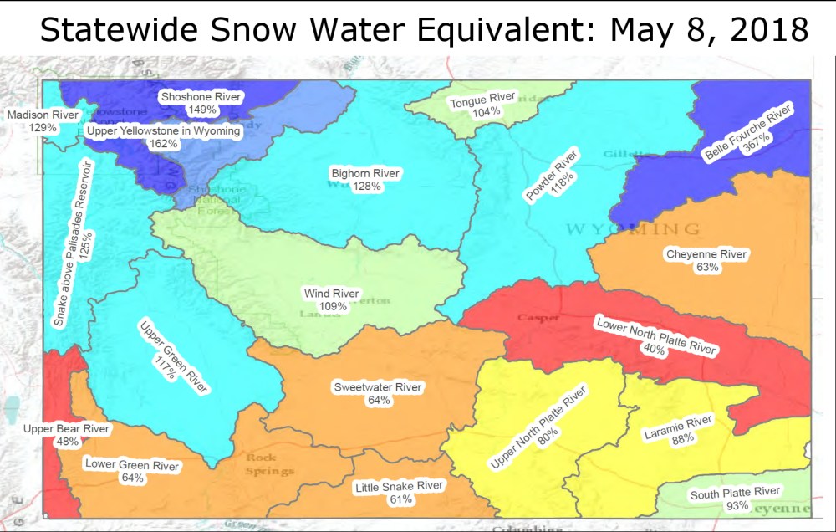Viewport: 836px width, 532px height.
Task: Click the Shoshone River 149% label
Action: pos(201,103)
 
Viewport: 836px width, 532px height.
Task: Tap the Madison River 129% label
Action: pos(43,121)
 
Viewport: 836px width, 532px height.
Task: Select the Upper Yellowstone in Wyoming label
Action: pos(164,137)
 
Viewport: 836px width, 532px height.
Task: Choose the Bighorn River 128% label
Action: pos(366,180)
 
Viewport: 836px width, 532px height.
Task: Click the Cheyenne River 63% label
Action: pos(706,260)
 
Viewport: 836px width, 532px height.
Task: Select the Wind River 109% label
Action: pos(332,300)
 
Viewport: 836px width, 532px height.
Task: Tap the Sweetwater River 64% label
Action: pos(378,394)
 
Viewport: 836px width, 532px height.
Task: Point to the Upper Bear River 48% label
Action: pos(67,435)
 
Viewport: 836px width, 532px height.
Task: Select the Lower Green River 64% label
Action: pos(132,472)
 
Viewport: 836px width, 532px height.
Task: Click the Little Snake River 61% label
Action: pos(400,493)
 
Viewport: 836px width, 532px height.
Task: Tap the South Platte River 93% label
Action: pos(735,499)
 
